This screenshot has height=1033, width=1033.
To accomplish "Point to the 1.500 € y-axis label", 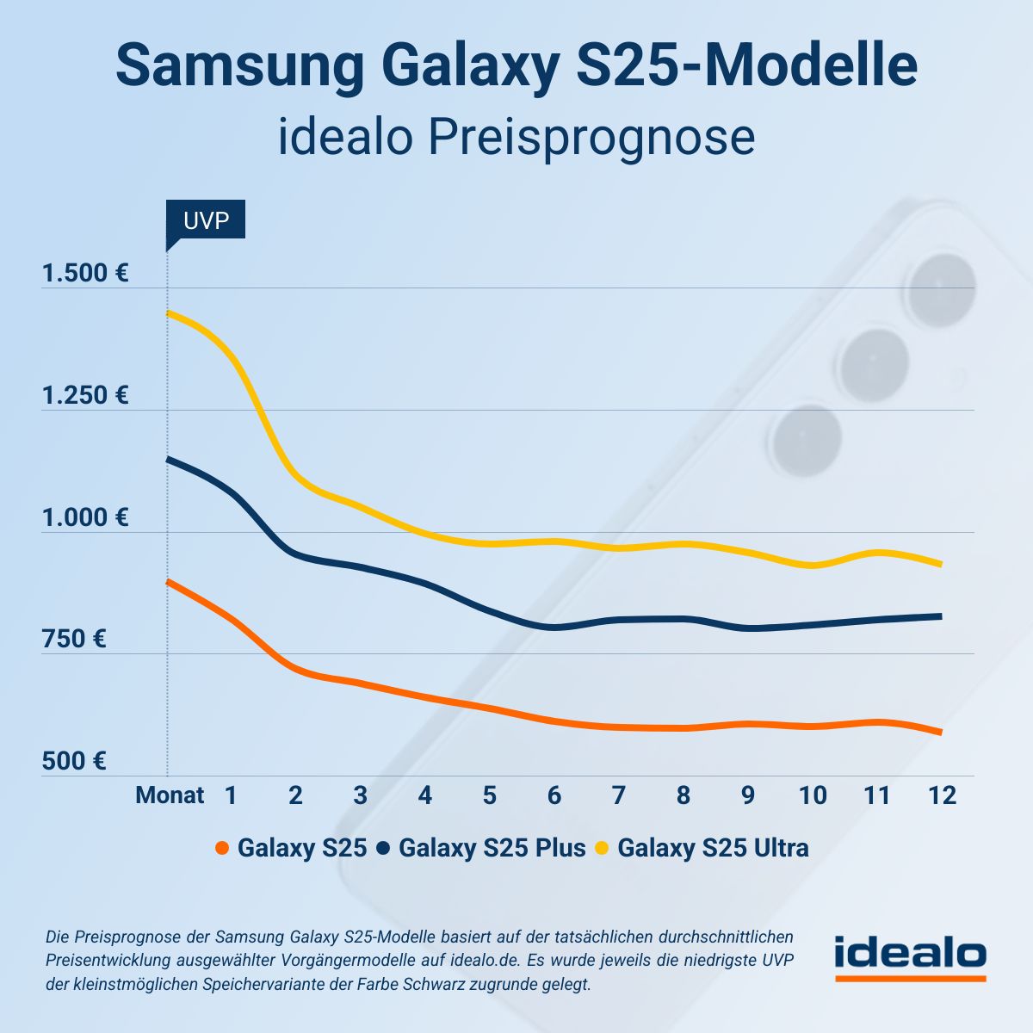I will click(x=85, y=274).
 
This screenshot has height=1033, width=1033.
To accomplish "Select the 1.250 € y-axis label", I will click(x=85, y=395).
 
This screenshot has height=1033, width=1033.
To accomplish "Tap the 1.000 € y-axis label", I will click(x=85, y=517).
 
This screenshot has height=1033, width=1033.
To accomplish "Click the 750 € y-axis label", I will click(x=74, y=639).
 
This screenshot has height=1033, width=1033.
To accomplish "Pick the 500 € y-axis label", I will click(x=74, y=761).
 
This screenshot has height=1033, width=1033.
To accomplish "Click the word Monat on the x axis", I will click(x=170, y=795).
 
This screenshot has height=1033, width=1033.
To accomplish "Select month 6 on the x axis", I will click(x=554, y=795).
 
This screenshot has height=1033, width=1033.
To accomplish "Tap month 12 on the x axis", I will click(x=942, y=795).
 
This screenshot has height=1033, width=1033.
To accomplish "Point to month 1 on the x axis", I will click(x=231, y=795).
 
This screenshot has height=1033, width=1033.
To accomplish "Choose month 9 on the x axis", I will click(x=747, y=795).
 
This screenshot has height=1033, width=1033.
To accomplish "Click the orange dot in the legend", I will click(x=222, y=848).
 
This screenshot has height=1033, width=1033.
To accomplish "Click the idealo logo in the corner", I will click(x=910, y=956).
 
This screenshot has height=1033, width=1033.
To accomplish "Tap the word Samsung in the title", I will click(x=240, y=65).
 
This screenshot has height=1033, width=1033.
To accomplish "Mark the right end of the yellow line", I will click(x=940, y=564).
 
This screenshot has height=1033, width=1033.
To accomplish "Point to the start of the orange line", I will click(x=168, y=582).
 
